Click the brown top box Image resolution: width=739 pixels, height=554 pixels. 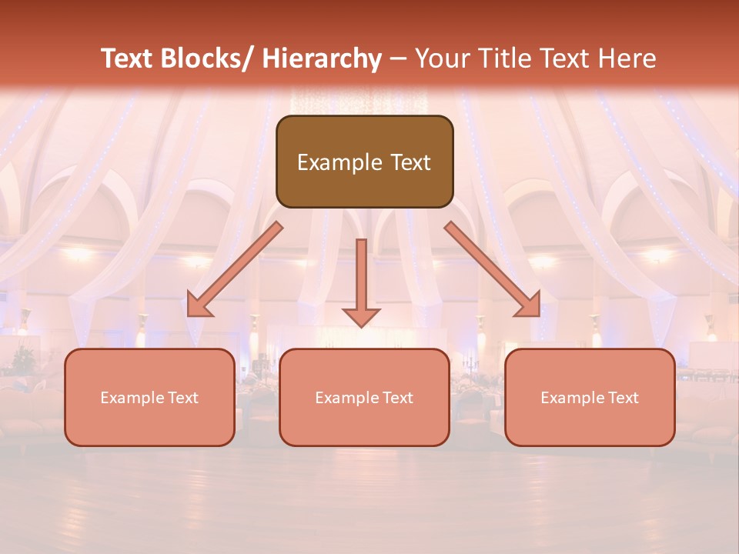click(x=364, y=162)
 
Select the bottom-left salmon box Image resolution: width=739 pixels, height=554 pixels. click(x=149, y=397)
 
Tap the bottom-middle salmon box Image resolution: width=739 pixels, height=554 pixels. click(x=364, y=397)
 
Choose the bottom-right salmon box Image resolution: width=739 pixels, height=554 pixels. click(x=590, y=397)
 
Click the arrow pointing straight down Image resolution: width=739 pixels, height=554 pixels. click(x=361, y=281)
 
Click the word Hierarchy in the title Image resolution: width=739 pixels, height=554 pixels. click(x=322, y=58)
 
